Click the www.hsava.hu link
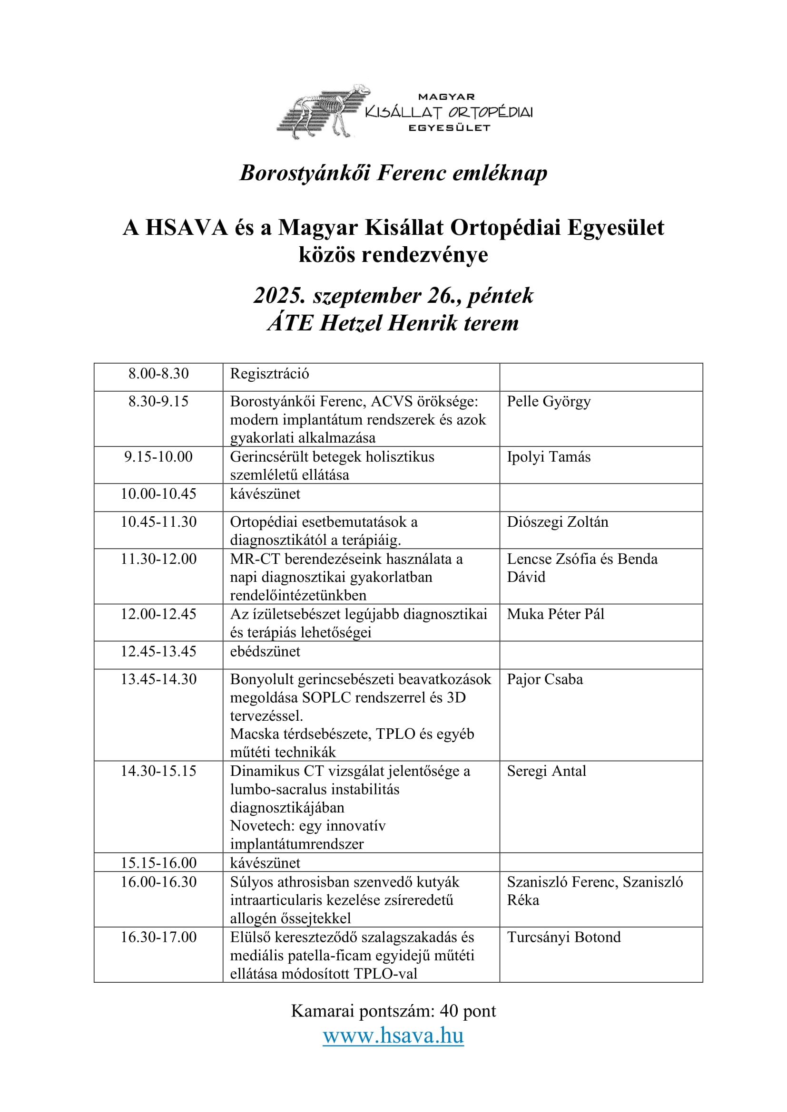[x=393, y=1035]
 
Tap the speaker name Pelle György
[x=549, y=402]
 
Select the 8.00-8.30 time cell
[x=158, y=373]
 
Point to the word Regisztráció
[x=269, y=373]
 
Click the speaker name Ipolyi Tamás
[x=549, y=457]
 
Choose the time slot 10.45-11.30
[x=158, y=522]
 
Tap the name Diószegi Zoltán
[x=557, y=522]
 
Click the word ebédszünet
[x=265, y=651]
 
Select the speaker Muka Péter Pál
[x=555, y=614]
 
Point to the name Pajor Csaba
[x=545, y=679]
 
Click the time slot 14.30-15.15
[x=158, y=771]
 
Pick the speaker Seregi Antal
[x=546, y=771]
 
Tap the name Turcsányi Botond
[x=563, y=937]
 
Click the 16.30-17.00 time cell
[x=158, y=937]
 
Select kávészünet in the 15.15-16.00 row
[x=265, y=862]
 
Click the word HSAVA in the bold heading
[x=187, y=228]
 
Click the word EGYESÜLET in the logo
[x=449, y=128]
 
